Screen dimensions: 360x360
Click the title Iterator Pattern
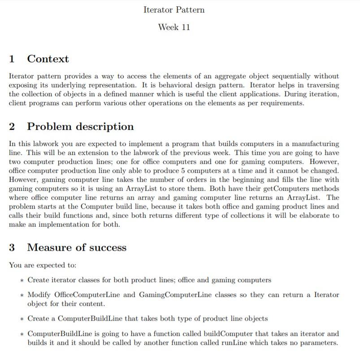[x=174, y=10]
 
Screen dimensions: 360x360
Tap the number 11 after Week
[x=185, y=27]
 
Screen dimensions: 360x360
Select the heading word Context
[x=48, y=59]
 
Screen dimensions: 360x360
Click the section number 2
[x=12, y=127]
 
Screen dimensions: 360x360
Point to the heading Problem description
[x=80, y=127]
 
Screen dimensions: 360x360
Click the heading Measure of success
[x=77, y=248]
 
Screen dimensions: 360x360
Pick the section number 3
[x=12, y=248]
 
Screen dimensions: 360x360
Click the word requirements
[x=281, y=103]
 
